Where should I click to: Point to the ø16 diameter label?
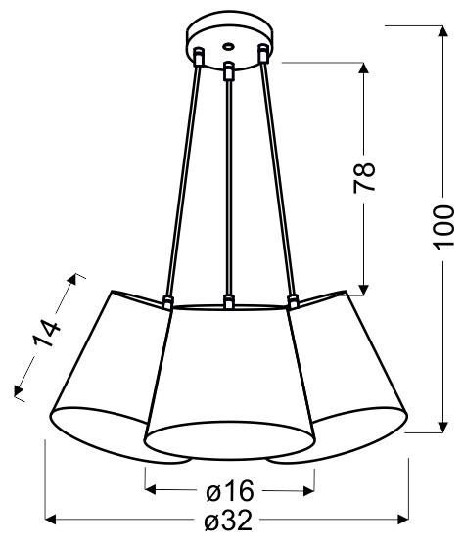(x=230, y=489)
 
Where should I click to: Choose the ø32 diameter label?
(x=230, y=523)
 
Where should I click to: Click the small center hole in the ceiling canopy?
(x=228, y=44)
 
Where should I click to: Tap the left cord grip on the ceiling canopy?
(x=198, y=57)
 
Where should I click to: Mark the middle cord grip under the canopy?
(x=228, y=70)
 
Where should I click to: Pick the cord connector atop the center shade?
(x=227, y=300)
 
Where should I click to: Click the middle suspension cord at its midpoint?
(x=228, y=186)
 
